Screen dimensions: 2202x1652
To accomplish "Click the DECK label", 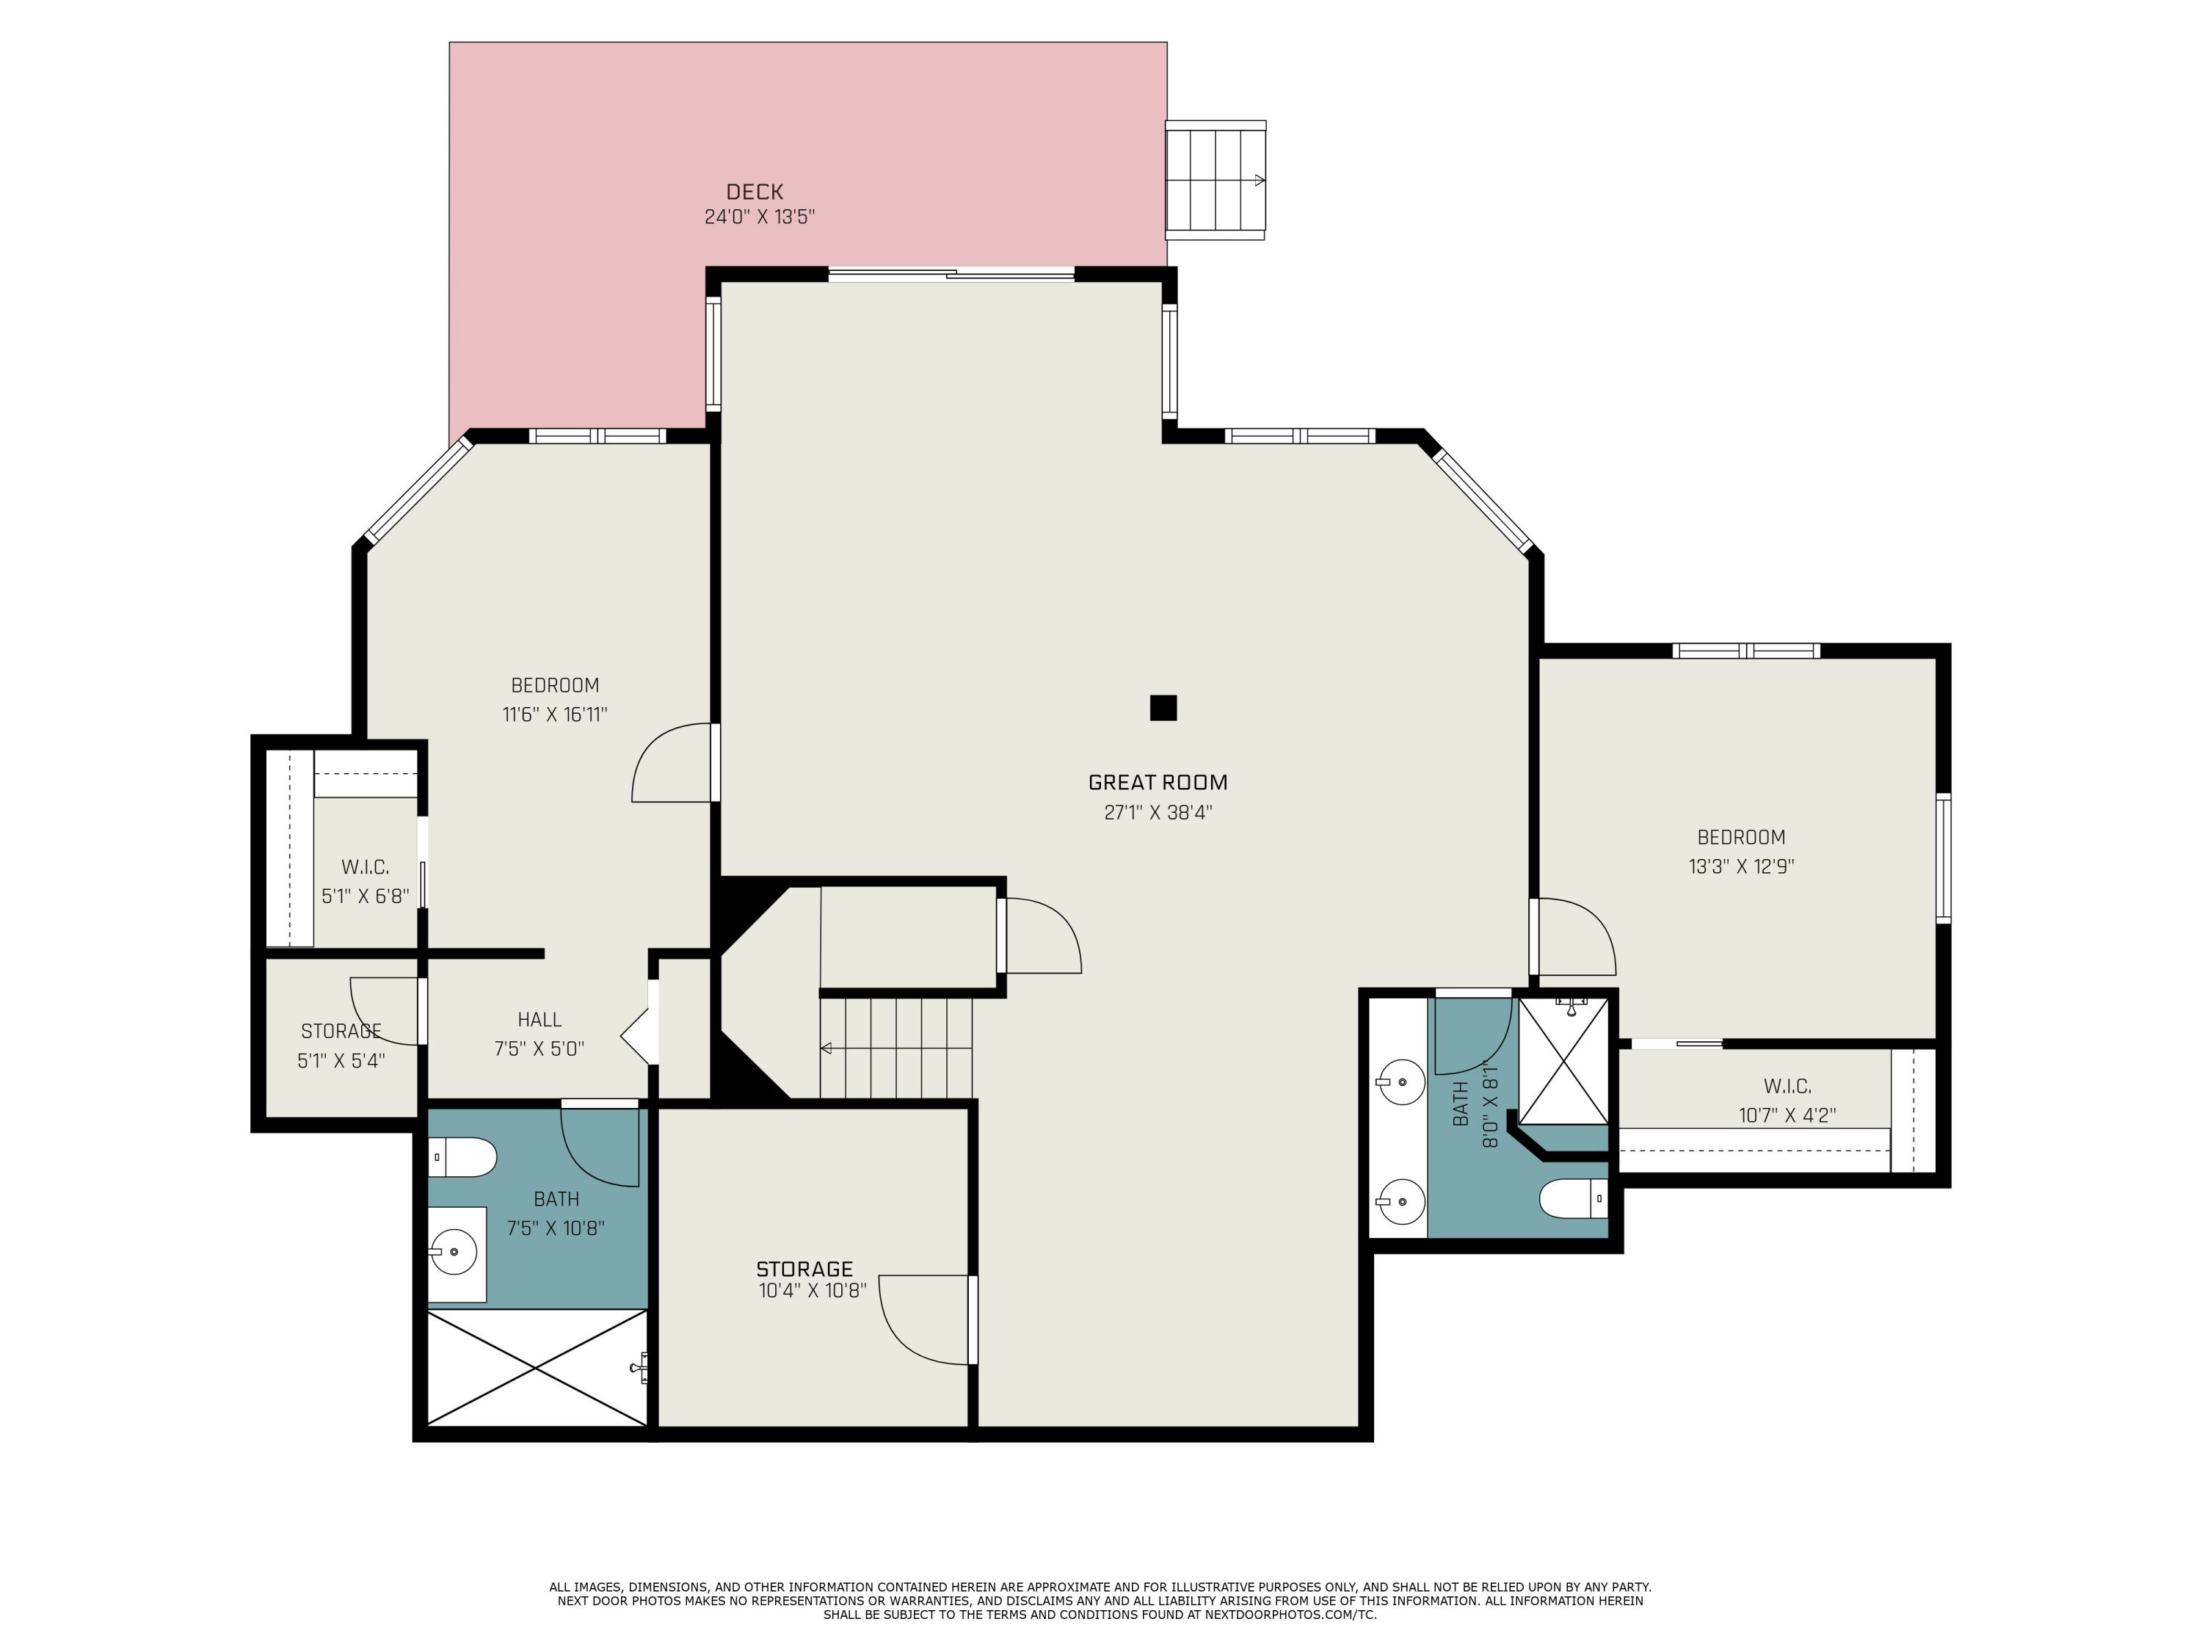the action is tap(755, 191).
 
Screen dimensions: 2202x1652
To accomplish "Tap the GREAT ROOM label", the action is tap(1158, 783).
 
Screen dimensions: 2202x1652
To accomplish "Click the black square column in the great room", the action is tap(1163, 708).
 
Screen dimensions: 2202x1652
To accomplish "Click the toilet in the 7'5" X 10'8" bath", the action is tap(463, 1157).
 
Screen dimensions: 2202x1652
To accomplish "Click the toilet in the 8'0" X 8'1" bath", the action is tap(1574, 1199).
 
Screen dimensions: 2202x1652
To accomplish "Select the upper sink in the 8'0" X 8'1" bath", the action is tap(1400, 1082).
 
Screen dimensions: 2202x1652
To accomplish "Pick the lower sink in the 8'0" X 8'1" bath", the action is tap(1400, 1203).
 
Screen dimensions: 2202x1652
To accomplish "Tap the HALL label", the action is tap(539, 1020).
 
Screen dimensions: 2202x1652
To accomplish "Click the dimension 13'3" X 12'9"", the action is tap(1741, 866).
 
